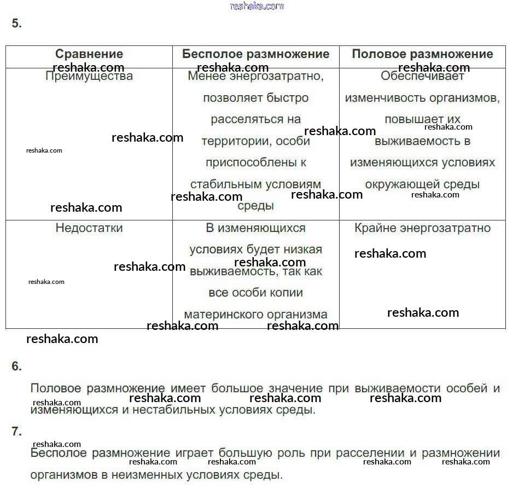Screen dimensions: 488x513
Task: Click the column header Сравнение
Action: (89, 54)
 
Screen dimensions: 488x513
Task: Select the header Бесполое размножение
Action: (255, 54)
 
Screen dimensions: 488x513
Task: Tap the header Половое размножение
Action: (422, 54)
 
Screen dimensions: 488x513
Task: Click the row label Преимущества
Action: (89, 76)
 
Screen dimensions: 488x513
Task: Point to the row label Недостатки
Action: (89, 228)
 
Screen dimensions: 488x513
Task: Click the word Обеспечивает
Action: (422, 76)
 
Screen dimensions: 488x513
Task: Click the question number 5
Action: (16, 24)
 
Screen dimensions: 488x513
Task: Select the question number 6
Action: (16, 367)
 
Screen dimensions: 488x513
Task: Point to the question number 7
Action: (16, 432)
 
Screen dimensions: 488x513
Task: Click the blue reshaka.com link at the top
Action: (257, 6)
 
